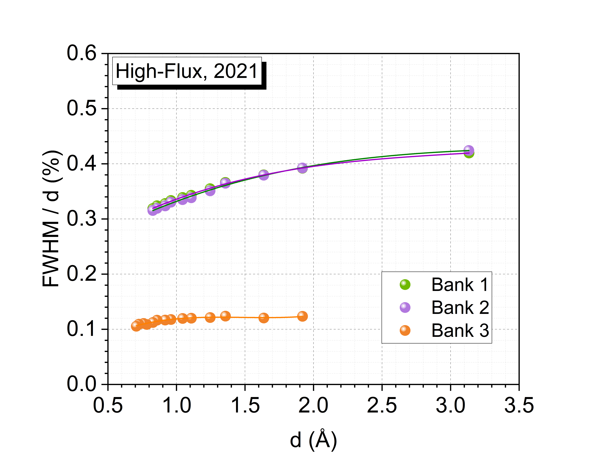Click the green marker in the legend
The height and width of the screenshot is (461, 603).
point(405,285)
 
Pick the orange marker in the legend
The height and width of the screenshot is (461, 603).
point(405,330)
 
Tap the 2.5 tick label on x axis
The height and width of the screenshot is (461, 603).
point(382,406)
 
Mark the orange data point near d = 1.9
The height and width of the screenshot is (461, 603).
point(302,316)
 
